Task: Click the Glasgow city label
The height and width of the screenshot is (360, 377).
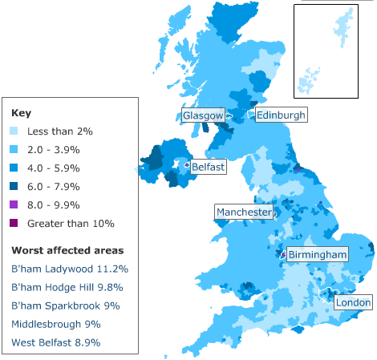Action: coord(202,115)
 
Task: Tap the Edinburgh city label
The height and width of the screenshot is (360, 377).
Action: coord(281,115)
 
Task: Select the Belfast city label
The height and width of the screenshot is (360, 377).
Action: coord(208,168)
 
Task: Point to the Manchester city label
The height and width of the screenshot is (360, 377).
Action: coord(243,212)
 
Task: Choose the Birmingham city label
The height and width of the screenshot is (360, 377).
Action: coord(318,255)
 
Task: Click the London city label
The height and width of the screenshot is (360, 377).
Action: coord(353,303)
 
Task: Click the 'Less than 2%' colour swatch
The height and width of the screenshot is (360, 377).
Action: coord(15,131)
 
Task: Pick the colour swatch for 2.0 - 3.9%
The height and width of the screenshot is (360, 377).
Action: coord(15,149)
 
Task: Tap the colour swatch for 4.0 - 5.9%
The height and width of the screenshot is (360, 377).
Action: coord(15,168)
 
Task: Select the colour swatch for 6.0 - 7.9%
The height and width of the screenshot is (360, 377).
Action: coord(15,186)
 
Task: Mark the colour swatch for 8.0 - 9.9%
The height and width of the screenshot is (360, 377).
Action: coord(15,204)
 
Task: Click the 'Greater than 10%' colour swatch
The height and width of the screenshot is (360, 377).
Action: coord(15,223)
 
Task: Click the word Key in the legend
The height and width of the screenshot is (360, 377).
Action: coord(21,113)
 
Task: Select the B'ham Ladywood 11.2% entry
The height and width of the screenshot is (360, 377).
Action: coord(70,269)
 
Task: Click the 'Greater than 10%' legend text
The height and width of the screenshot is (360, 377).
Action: coord(71,223)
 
